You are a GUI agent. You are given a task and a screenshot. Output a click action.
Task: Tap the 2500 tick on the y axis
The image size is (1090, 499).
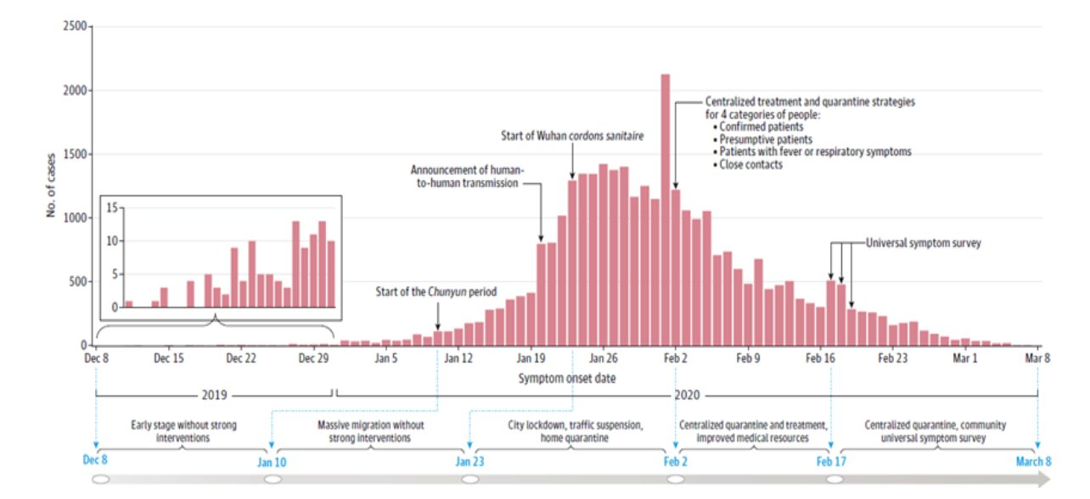(76, 27)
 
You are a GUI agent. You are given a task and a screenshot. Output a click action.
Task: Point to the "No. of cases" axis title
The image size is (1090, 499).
(51, 187)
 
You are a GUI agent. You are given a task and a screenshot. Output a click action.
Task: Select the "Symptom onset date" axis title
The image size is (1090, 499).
(567, 378)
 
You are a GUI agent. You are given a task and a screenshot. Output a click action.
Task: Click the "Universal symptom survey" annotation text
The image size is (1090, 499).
(924, 243)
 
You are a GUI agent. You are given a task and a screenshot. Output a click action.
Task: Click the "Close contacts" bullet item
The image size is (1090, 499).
(750, 165)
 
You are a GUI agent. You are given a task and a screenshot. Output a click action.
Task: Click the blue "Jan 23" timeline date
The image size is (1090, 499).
(469, 462)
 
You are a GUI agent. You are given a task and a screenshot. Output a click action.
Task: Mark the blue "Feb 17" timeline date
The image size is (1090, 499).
(831, 462)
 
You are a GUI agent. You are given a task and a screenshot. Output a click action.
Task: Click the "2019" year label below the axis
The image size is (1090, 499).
(215, 395)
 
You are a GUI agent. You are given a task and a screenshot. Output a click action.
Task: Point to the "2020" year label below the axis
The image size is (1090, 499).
(685, 395)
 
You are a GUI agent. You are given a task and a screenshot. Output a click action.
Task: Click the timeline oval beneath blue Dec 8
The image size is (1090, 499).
(100, 479)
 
